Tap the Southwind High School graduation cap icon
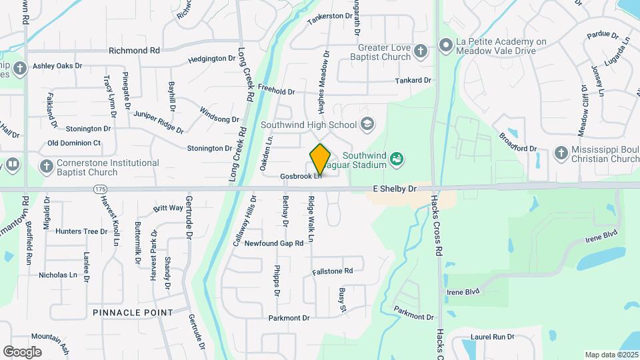367,124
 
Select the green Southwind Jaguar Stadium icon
397,159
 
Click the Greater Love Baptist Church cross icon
420,51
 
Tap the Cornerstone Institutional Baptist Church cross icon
46,167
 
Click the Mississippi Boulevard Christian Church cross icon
561,154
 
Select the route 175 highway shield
99,189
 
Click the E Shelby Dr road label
394,189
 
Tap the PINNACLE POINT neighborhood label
133,312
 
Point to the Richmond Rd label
135,50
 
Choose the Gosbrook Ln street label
301,177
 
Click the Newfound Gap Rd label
274,243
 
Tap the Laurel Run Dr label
493,337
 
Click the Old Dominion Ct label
74,143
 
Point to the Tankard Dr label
413,80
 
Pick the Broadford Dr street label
518,143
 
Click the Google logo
22,351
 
